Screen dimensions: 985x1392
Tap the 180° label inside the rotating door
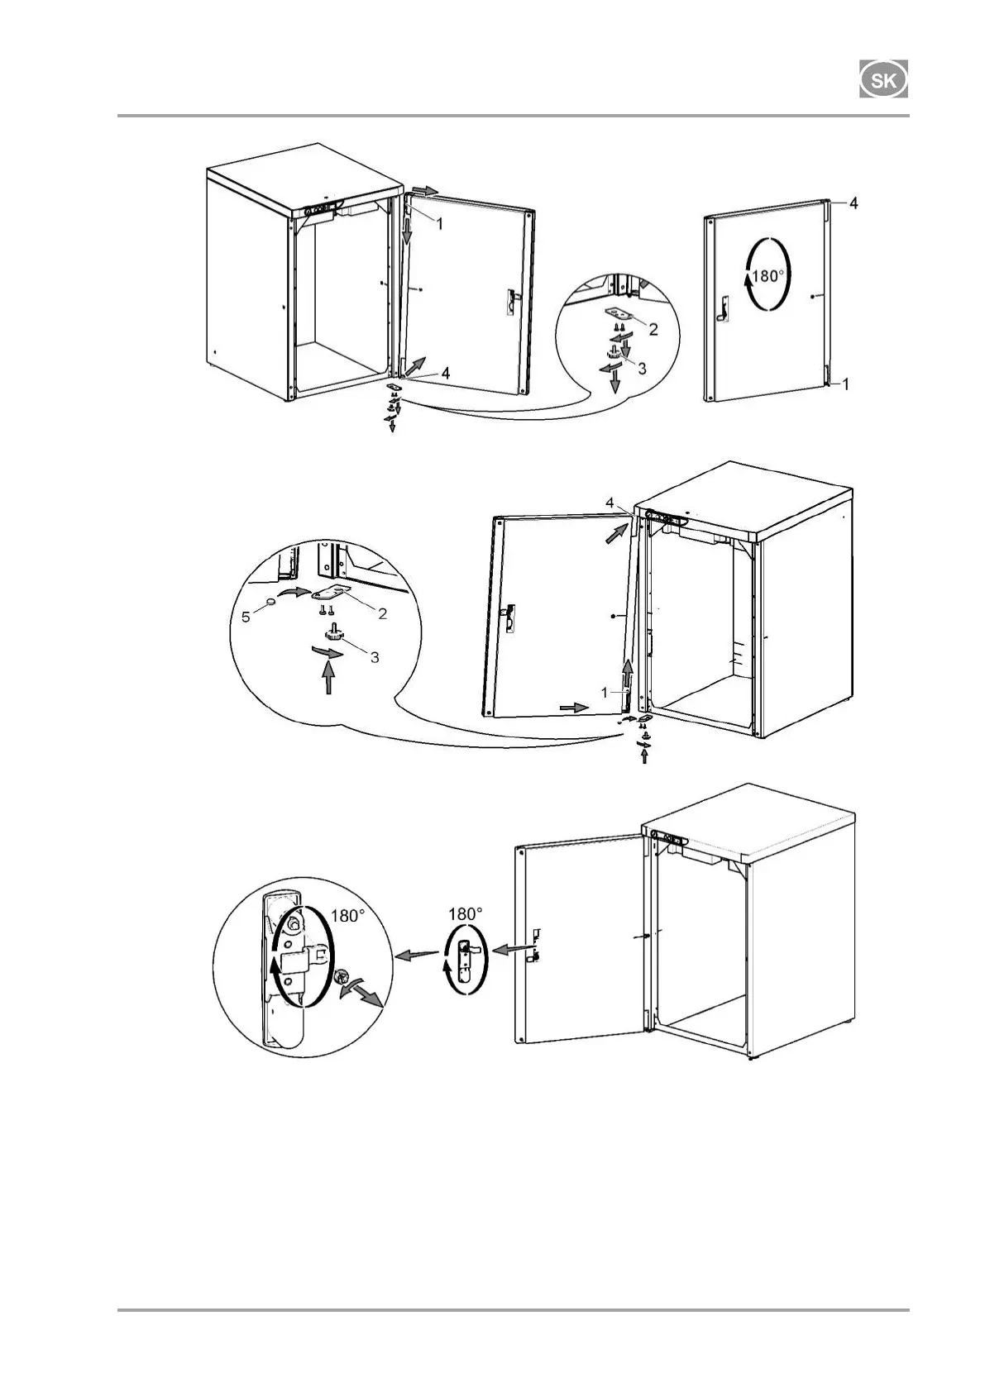767,275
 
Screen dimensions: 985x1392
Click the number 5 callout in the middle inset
246,617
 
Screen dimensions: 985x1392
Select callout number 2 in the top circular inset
653,330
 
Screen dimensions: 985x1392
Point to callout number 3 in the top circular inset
643,369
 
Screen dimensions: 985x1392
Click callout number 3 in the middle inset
375,657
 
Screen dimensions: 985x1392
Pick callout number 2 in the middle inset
382,613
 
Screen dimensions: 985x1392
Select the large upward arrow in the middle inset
329,679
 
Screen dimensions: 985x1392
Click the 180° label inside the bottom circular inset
347,915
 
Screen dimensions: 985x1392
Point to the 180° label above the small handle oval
465,913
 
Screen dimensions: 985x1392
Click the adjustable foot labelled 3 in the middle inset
336,635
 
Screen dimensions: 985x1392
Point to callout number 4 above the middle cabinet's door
610,502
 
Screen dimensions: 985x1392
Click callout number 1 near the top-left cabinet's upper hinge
440,223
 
